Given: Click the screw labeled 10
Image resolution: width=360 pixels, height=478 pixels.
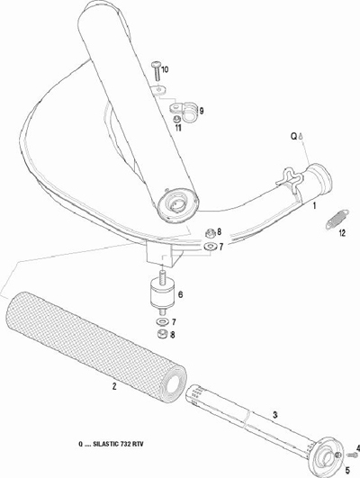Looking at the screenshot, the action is (156, 71).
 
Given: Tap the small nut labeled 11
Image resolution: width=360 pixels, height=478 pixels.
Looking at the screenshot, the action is (175, 119).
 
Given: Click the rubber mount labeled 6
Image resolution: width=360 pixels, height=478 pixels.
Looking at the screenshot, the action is (162, 293).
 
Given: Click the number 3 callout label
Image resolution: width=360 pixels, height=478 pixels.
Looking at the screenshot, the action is (275, 415).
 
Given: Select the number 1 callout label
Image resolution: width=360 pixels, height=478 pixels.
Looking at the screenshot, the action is (314, 206).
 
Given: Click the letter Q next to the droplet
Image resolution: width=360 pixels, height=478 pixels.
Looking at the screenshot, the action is (293, 137).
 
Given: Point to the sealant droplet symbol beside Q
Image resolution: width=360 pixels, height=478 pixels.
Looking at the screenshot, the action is (301, 136).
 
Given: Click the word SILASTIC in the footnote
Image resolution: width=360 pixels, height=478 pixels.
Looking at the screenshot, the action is (105, 444).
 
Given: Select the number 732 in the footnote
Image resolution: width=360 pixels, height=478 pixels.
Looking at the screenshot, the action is (126, 444).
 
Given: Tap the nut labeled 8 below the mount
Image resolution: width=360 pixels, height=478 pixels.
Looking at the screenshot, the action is (161, 334).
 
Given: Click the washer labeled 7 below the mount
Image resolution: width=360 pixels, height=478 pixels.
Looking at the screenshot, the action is (162, 321).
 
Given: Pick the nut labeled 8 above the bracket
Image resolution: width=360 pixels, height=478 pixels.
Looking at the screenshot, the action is (210, 233).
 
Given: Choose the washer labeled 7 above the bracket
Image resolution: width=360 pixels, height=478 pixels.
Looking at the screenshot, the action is (211, 246).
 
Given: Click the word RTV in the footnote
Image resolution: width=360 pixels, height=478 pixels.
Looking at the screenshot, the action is (138, 444).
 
